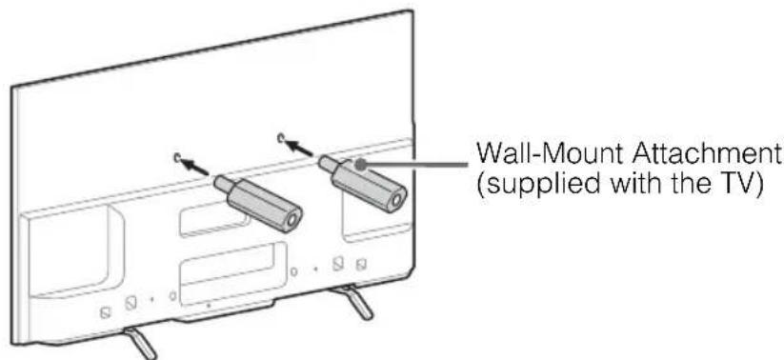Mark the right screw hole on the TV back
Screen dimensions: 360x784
click(282, 140)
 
